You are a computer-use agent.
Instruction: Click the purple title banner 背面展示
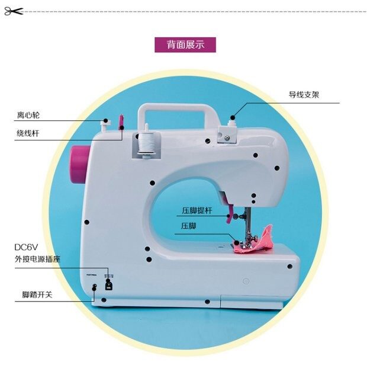coord(185,45)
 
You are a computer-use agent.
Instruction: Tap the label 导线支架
coord(304,94)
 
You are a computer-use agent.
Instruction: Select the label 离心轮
coord(28,114)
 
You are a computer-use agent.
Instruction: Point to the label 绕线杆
coord(28,133)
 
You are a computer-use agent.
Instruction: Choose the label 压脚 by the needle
coord(189,226)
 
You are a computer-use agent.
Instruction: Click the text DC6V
coord(26,247)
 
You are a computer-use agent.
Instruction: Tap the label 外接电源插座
coord(38,259)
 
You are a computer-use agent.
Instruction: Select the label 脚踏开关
coord(33,293)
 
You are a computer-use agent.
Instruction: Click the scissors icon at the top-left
coord(13,11)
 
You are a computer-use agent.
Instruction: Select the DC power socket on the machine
coord(108,285)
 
